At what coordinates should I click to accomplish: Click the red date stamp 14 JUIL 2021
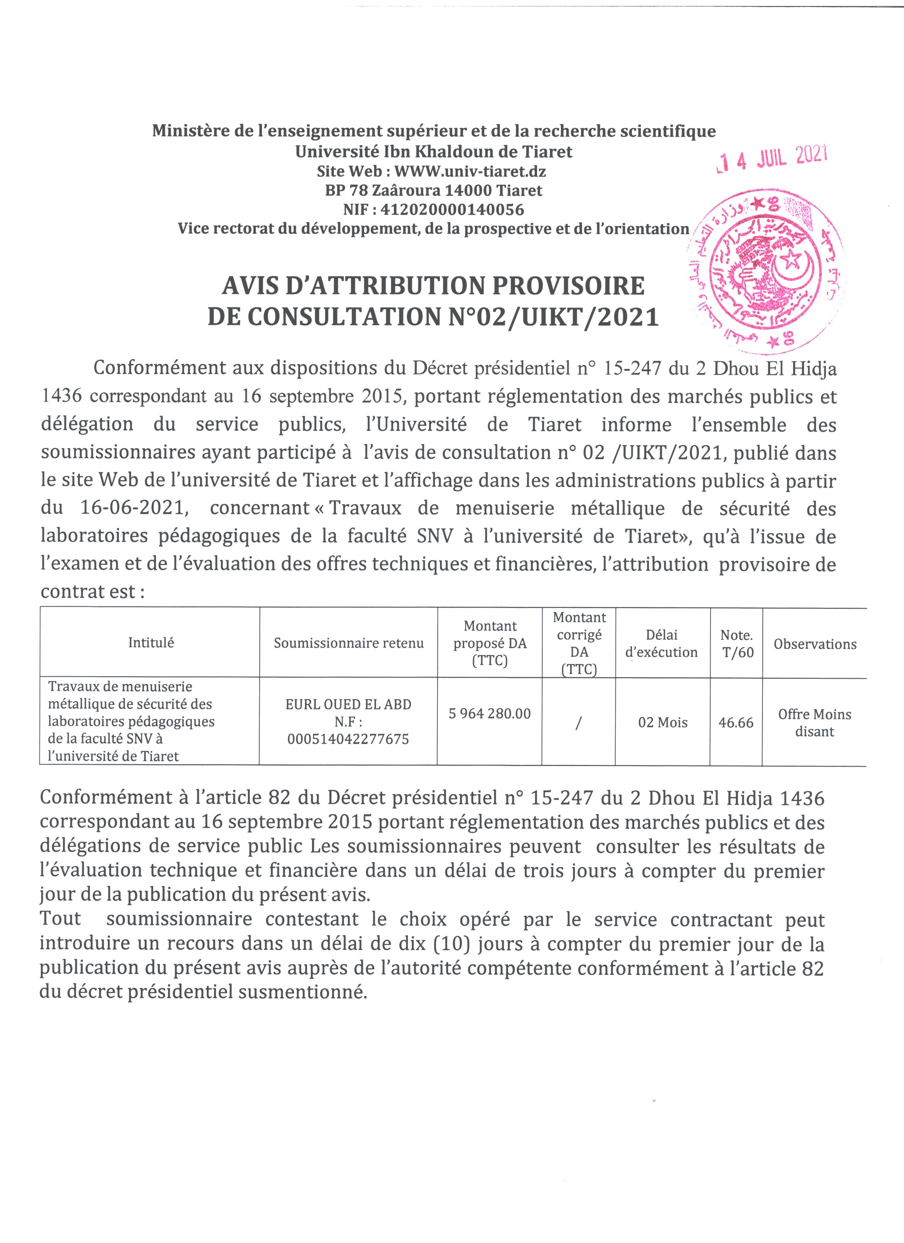pos(772,159)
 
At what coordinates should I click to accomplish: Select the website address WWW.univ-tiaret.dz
pos(470,171)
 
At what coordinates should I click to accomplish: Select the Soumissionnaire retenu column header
pos(349,643)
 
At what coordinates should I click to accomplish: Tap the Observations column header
pos(815,644)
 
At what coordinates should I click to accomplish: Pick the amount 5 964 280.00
pos(490,714)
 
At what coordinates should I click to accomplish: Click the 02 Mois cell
pos(662,722)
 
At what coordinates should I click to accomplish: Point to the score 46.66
pos(736,722)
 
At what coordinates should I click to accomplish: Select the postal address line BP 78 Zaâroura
pos(433,191)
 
